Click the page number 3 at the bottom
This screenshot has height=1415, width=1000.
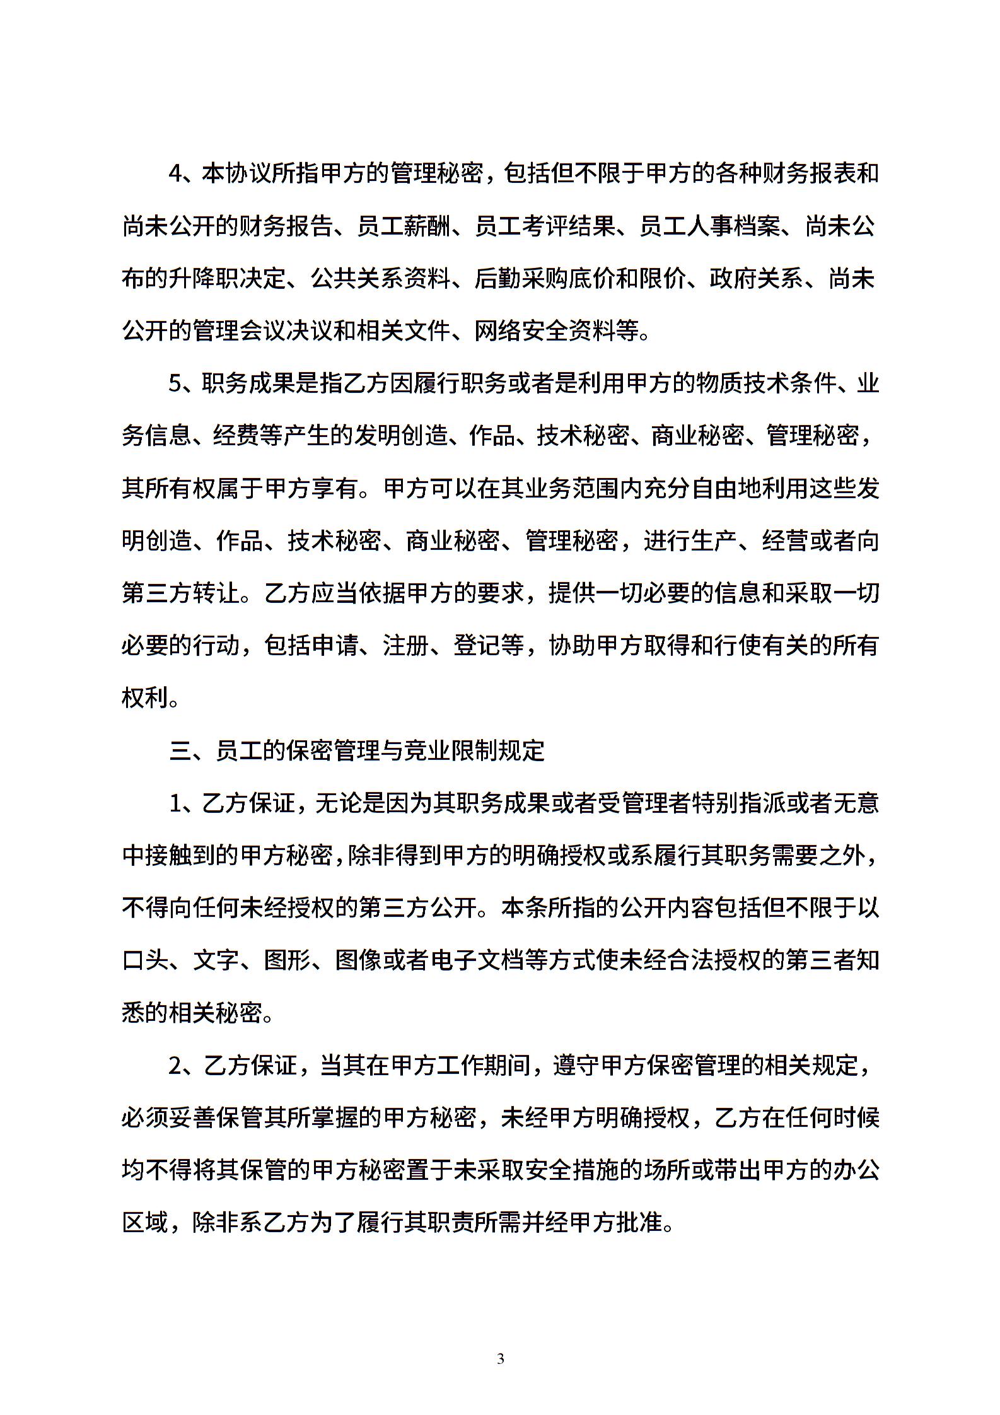point(501,1359)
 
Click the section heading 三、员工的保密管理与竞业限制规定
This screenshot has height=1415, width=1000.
point(357,751)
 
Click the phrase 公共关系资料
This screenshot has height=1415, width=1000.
point(381,278)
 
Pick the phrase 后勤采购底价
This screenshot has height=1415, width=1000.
point(533,278)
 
